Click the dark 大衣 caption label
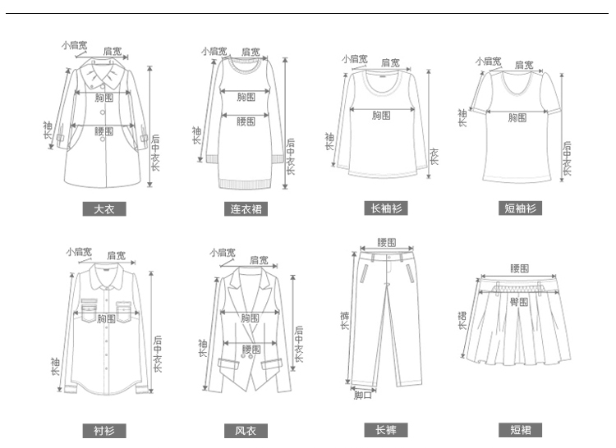(x=103, y=208)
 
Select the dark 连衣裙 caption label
(x=246, y=209)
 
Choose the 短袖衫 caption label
(x=520, y=208)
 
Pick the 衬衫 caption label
(x=103, y=431)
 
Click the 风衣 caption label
(x=246, y=431)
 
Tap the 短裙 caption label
(x=520, y=430)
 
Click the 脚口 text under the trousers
(x=363, y=395)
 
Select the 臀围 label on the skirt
(x=519, y=302)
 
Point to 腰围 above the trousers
(x=387, y=242)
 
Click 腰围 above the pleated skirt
(x=519, y=268)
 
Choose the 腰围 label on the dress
(x=246, y=121)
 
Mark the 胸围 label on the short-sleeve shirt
(x=517, y=117)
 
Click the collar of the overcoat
(x=103, y=80)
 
